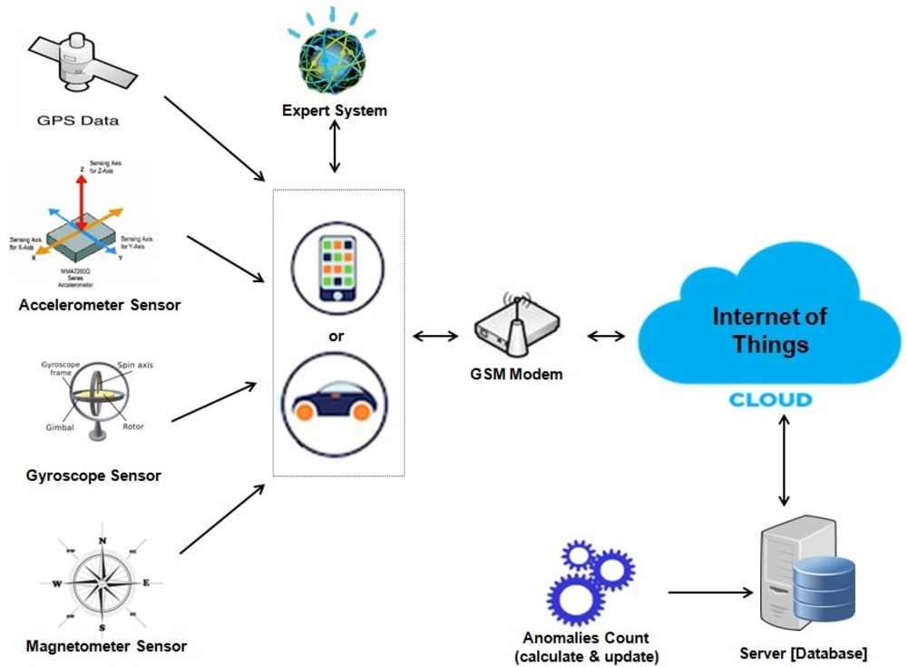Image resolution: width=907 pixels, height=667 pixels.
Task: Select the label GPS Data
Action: [x=80, y=120]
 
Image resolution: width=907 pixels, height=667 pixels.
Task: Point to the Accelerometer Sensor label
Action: [x=100, y=305]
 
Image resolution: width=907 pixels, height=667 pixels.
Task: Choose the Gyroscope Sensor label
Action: [x=94, y=475]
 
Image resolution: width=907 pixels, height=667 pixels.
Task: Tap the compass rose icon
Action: [x=102, y=581]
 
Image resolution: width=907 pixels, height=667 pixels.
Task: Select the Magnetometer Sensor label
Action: [x=106, y=646]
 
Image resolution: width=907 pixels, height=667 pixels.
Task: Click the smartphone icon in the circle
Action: [x=337, y=268]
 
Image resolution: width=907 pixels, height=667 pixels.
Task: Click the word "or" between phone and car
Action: [x=336, y=336]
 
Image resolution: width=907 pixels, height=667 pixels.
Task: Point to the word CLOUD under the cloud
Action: [x=771, y=400]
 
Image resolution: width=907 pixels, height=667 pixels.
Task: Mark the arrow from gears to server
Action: [x=710, y=593]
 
